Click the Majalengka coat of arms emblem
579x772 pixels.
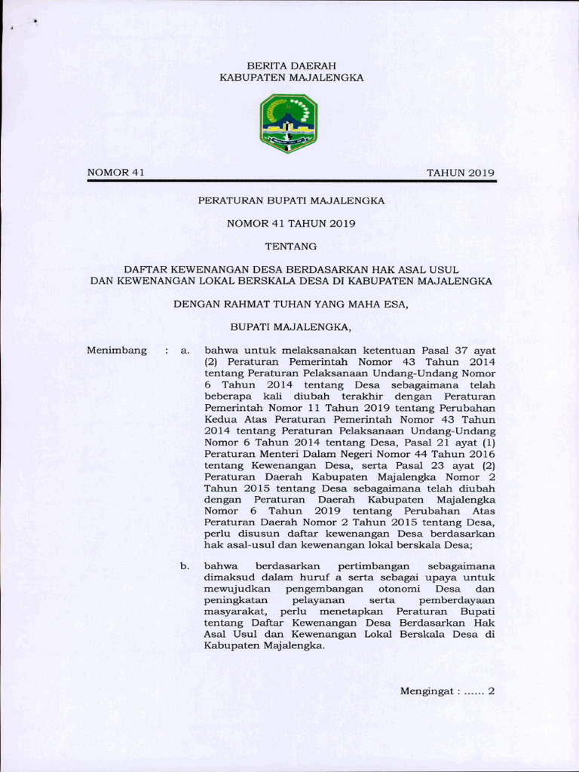tap(289, 124)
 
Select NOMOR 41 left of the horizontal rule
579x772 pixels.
tap(115, 173)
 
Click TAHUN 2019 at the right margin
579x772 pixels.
tap(461, 173)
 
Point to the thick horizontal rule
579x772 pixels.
tap(291, 182)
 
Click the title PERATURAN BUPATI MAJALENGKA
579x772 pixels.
tap(291, 201)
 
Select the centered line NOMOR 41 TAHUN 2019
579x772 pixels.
tap(291, 223)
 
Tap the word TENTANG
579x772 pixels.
tap(291, 246)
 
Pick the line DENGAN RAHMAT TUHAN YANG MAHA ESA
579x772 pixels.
tap(291, 305)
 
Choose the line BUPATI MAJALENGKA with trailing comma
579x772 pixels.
tap(291, 327)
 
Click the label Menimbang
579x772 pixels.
tap(117, 351)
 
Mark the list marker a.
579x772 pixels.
tap(183, 351)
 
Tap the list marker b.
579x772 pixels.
tap(183, 565)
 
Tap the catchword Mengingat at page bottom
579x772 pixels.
tap(427, 691)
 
